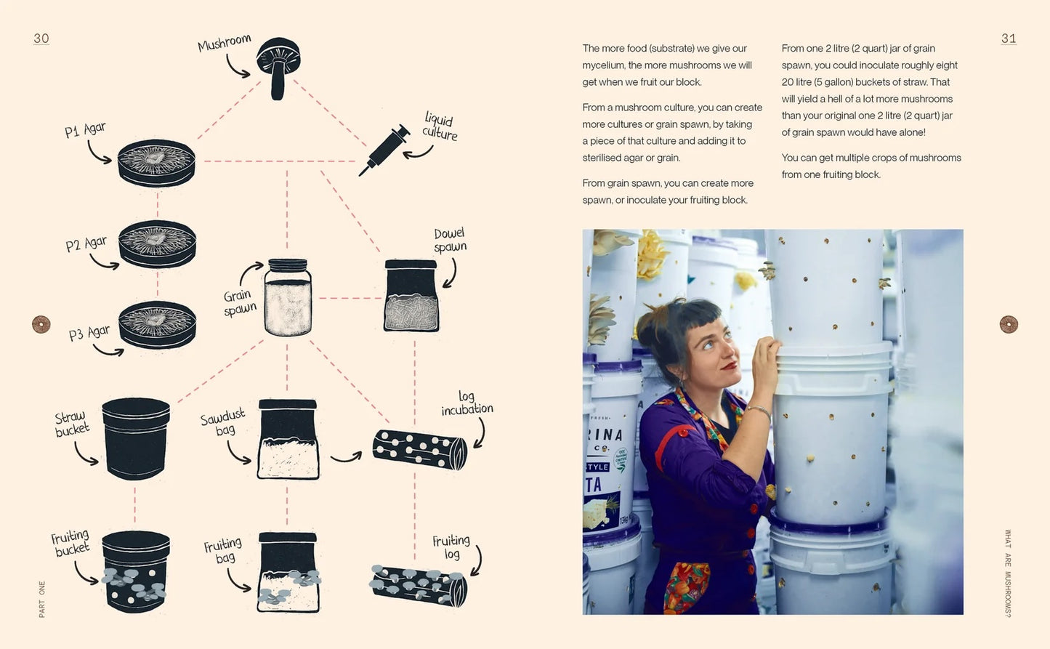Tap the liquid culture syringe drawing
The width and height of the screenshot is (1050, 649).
(384, 150)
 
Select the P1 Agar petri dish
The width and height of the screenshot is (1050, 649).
(156, 163)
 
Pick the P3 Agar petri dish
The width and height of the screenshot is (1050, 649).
(157, 325)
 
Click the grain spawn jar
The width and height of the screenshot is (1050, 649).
(288, 297)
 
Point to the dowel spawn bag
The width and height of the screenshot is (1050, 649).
(411, 296)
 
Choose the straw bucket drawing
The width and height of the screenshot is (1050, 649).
(136, 439)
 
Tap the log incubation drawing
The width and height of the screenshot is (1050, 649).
(420, 449)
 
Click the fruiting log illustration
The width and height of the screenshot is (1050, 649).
(419, 585)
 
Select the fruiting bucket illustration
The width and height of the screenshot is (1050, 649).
(135, 572)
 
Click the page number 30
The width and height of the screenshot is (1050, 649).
(41, 39)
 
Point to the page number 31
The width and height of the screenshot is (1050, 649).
(1009, 39)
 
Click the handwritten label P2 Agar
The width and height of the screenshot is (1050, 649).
(86, 244)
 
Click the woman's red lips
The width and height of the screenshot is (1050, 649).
(730, 366)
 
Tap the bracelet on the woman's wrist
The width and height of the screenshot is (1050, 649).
(759, 411)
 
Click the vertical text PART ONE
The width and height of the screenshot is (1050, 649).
(42, 600)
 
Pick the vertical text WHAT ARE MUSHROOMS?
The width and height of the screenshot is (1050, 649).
(1008, 573)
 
